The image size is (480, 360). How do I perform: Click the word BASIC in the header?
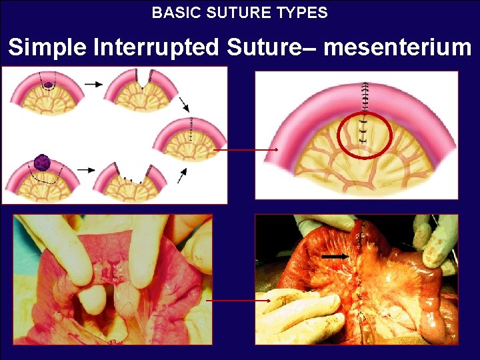tap(171, 12)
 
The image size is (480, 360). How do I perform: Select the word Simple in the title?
tap(49, 47)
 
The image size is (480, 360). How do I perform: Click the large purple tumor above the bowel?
tap(43, 163)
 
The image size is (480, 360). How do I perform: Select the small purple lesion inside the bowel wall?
tap(48, 85)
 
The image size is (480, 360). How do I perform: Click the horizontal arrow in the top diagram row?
tap(93, 85)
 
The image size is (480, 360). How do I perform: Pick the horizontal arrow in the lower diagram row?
tap(85, 170)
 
